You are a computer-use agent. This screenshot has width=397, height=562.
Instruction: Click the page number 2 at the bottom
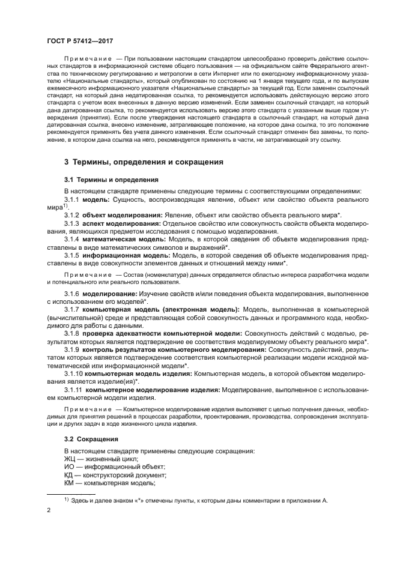click(x=49, y=511)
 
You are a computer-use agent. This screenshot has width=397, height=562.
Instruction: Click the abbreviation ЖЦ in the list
click(x=71, y=459)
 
